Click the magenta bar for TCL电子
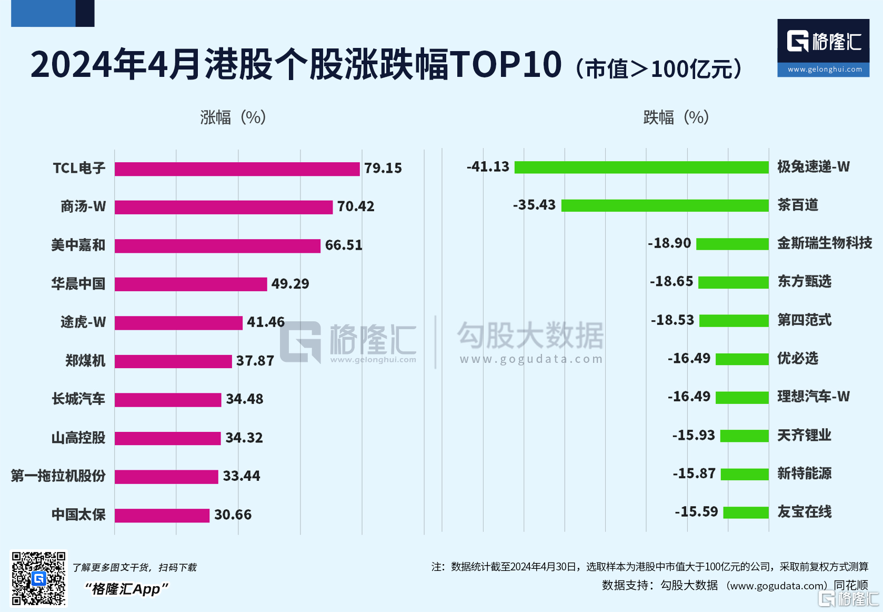pyautogui.click(x=237, y=169)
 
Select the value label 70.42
pyautogui.click(x=356, y=206)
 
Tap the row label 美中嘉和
pyautogui.click(x=78, y=245)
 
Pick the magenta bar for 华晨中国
pyautogui.click(x=190, y=284)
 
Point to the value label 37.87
pyautogui.click(x=255, y=361)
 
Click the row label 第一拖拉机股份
pyautogui.click(x=58, y=476)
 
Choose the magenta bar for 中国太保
pyautogui.click(x=162, y=515)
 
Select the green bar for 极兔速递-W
pyautogui.click(x=641, y=167)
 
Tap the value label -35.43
pyautogui.click(x=534, y=205)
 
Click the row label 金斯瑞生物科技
pyautogui.click(x=825, y=243)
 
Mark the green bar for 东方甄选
pyautogui.click(x=734, y=282)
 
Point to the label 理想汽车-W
pyautogui.click(x=814, y=397)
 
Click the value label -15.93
pyautogui.click(x=694, y=436)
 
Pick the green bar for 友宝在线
pyautogui.click(x=746, y=512)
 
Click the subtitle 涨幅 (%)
pyautogui.click(x=233, y=117)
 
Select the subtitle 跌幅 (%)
pyautogui.click(x=676, y=117)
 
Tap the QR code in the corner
pyautogui.click(x=39, y=578)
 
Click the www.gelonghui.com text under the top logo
pyautogui.click(x=824, y=70)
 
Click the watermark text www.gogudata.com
pyautogui.click(x=531, y=359)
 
